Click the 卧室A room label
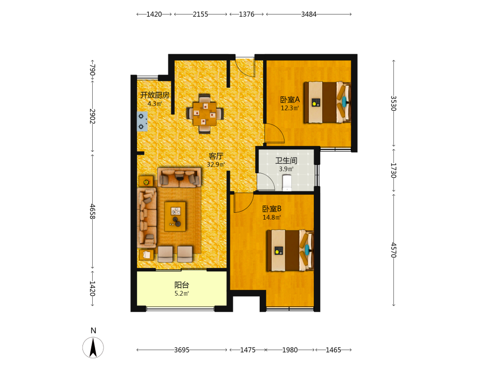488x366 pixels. pos(290,100)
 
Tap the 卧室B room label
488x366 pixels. pos(272,209)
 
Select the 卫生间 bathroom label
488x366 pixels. pos(286,161)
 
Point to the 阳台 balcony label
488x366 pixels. pos(182,285)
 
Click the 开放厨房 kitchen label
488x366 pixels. pos(155,95)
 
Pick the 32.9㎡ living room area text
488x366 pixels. pos(216,164)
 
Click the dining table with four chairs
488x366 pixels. pos(205,114)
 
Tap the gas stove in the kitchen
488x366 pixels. pos(142,122)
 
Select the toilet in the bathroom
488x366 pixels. pos(286,183)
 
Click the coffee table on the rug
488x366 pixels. pos(175,216)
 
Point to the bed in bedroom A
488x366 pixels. pos(327,102)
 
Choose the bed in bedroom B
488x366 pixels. pos(290,250)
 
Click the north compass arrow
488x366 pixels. pos(93,347)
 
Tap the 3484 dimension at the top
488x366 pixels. pos(309,14)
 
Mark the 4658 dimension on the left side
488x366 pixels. pos(92,211)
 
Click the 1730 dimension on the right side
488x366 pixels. pos(394,170)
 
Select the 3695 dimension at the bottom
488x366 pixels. pos(182,350)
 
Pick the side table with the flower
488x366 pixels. pos(146,181)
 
